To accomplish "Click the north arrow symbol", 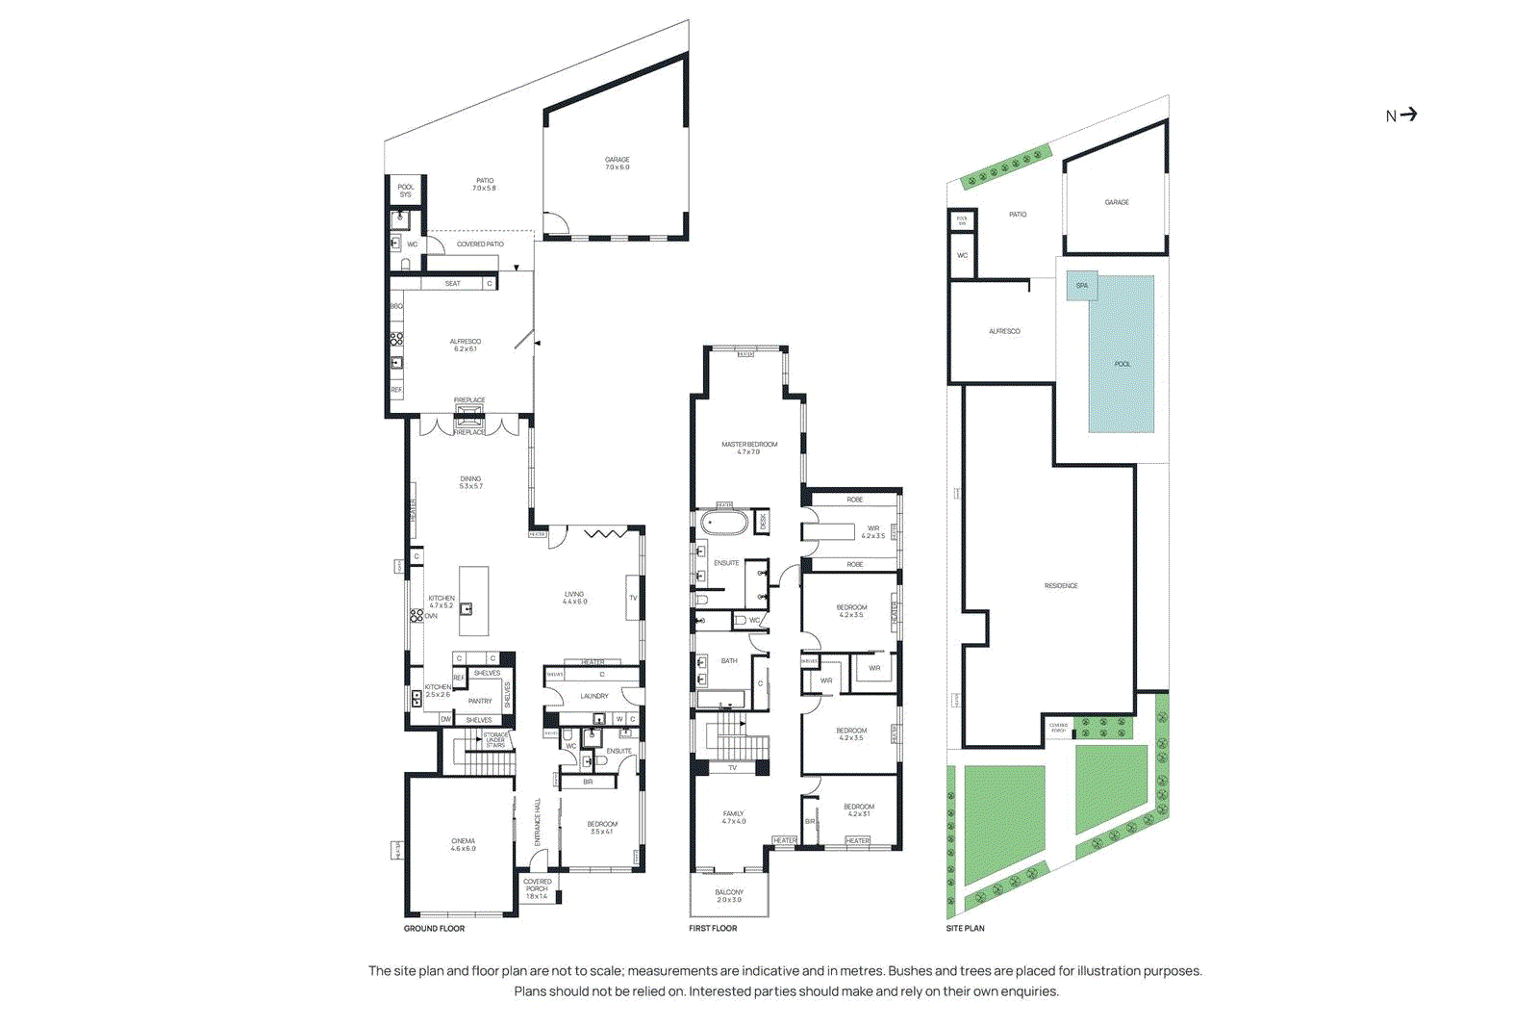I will [1408, 115].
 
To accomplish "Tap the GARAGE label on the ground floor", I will [617, 160].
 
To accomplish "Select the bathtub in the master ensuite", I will [723, 524].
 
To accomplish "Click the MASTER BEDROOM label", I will [749, 445].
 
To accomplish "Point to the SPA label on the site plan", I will [1081, 286].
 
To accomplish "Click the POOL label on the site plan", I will [1122, 364].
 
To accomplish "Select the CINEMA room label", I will [463, 841].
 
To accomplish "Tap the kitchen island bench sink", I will [466, 608].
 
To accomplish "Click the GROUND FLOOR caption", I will [434, 929].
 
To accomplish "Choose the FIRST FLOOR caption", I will [713, 929].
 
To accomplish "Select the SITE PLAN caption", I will [965, 929].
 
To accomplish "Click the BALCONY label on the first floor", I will [729, 892].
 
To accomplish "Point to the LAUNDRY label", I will [593, 696].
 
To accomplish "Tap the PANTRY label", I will [480, 701].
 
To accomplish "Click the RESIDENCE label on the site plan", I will [1061, 586].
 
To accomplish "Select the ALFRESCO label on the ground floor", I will [465, 342].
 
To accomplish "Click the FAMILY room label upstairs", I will [733, 814].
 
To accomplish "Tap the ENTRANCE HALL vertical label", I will [537, 822].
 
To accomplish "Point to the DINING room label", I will [470, 478].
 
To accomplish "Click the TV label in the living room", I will [633, 598].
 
